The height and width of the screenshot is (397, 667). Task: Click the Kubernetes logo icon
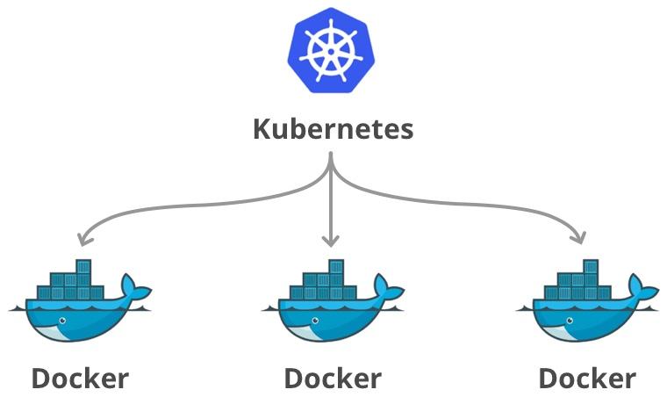(x=333, y=49)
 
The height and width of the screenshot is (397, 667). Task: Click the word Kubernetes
(x=333, y=130)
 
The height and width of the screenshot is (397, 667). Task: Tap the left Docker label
(x=80, y=378)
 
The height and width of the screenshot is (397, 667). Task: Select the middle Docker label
(x=333, y=378)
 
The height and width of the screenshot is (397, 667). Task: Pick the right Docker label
(x=587, y=378)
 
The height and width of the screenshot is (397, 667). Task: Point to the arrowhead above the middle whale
(x=331, y=240)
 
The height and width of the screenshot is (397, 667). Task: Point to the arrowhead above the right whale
(x=579, y=237)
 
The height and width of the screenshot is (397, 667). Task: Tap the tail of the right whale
(x=642, y=287)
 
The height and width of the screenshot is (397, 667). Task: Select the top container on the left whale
(x=84, y=266)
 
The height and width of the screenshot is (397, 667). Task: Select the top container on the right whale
(x=592, y=266)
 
